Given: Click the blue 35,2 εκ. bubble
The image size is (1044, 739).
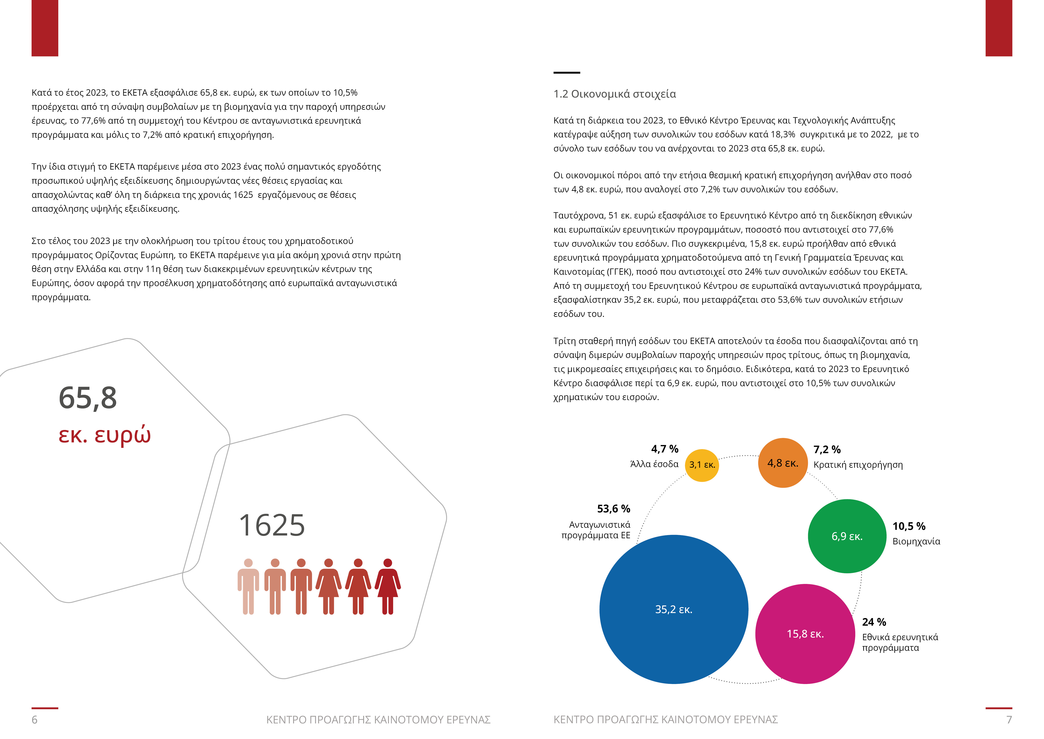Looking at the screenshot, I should tap(673, 609).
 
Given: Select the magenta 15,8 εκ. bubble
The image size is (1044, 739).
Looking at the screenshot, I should tap(805, 634).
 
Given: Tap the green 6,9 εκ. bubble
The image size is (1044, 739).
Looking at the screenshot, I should tap(847, 536).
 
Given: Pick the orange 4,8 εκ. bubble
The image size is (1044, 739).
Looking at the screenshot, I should tap(783, 463).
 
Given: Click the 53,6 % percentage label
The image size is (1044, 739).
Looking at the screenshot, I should tap(613, 509).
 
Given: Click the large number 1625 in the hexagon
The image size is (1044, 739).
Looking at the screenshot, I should tap(272, 526).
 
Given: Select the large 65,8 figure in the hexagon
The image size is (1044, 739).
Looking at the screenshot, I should tap(88, 398).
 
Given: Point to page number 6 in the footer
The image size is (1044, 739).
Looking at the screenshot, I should tap(35, 719).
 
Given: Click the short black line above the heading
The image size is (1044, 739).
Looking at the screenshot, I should tap(567, 72).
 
